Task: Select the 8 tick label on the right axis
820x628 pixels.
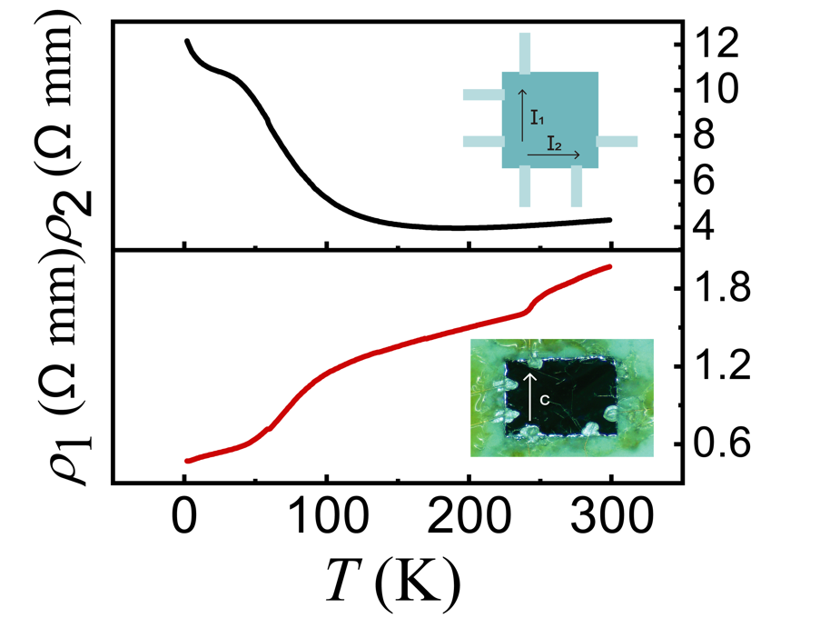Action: coord(706,135)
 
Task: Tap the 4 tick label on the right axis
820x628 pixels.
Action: coord(706,224)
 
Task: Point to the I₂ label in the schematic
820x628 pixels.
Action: coord(554,144)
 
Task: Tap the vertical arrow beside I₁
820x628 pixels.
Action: coord(521,114)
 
